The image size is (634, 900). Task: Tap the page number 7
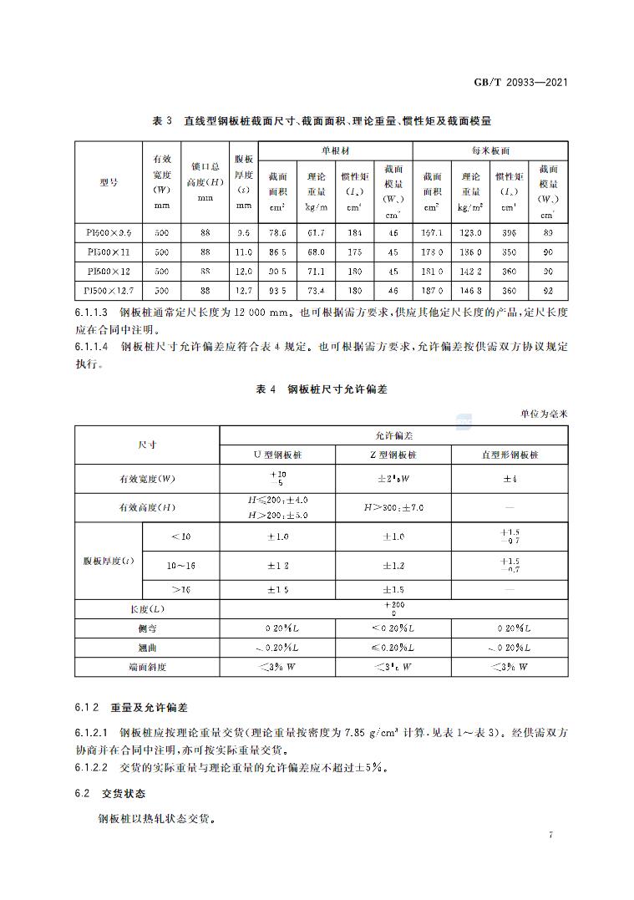tap(551, 835)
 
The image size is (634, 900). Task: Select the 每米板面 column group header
tap(490, 151)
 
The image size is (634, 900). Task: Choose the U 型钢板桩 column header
tap(277, 455)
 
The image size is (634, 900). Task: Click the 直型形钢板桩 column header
tap(510, 455)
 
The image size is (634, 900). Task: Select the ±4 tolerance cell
tap(510, 479)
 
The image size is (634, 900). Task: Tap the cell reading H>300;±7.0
tap(393, 507)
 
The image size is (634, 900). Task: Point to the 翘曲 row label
tap(147, 648)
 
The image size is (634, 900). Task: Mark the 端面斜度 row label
tap(147, 667)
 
